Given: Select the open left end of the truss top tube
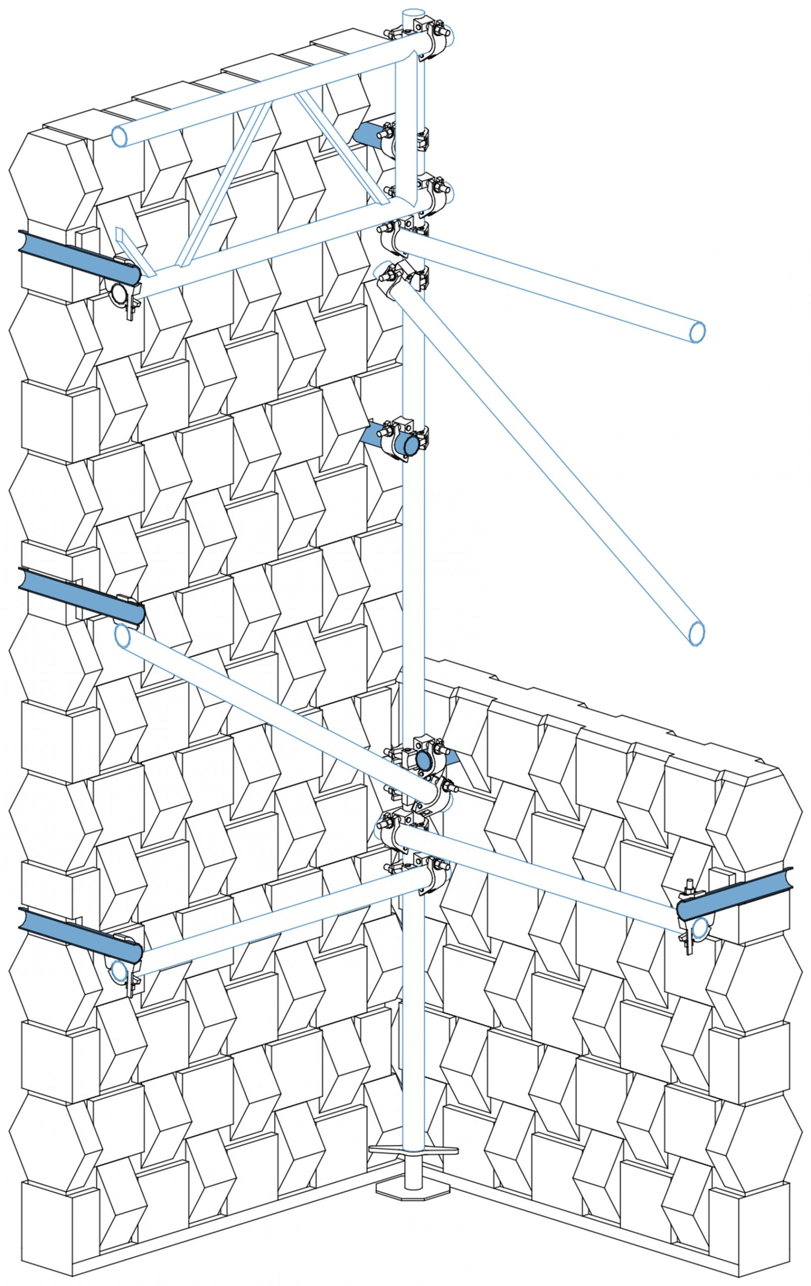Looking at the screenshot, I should click(120, 137).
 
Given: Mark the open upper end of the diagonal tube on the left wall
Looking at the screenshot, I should click(122, 637).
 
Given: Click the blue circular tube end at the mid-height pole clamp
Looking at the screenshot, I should click(411, 445).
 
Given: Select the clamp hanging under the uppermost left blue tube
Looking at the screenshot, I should click(124, 295).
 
